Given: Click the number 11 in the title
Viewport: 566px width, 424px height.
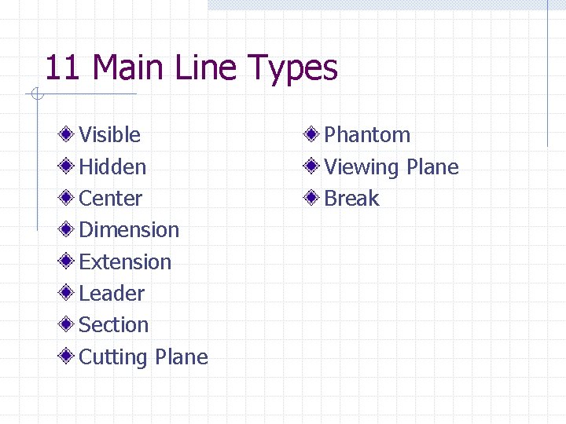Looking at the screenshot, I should point(63,68).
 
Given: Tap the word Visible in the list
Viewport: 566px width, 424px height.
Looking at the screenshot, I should point(110,135).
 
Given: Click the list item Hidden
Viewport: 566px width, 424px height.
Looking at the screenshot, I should point(112,166).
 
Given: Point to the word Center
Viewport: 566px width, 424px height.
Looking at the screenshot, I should point(111,199).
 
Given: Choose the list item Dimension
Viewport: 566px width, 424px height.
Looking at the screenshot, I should point(129,230).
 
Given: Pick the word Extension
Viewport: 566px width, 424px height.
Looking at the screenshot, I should point(125,261).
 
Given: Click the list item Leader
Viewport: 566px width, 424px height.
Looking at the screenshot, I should point(112,294).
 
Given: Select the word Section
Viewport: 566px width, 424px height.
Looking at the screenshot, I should point(114,325).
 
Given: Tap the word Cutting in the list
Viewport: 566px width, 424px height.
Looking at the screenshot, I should point(114,357).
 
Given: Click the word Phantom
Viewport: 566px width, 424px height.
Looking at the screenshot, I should point(367,135).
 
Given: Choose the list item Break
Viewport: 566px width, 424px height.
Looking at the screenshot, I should point(351,199).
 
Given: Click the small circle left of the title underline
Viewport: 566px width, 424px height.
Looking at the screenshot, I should point(35,95).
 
